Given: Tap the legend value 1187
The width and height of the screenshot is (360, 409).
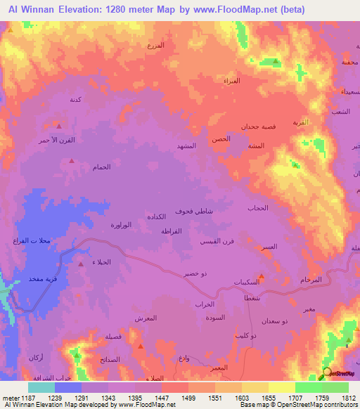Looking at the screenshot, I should tap(27, 397).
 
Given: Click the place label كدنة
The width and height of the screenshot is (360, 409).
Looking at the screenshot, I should tap(75, 100).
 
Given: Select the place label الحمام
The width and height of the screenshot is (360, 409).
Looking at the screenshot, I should tap(101, 167).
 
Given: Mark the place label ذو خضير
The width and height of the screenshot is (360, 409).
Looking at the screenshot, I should tap(194, 273).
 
